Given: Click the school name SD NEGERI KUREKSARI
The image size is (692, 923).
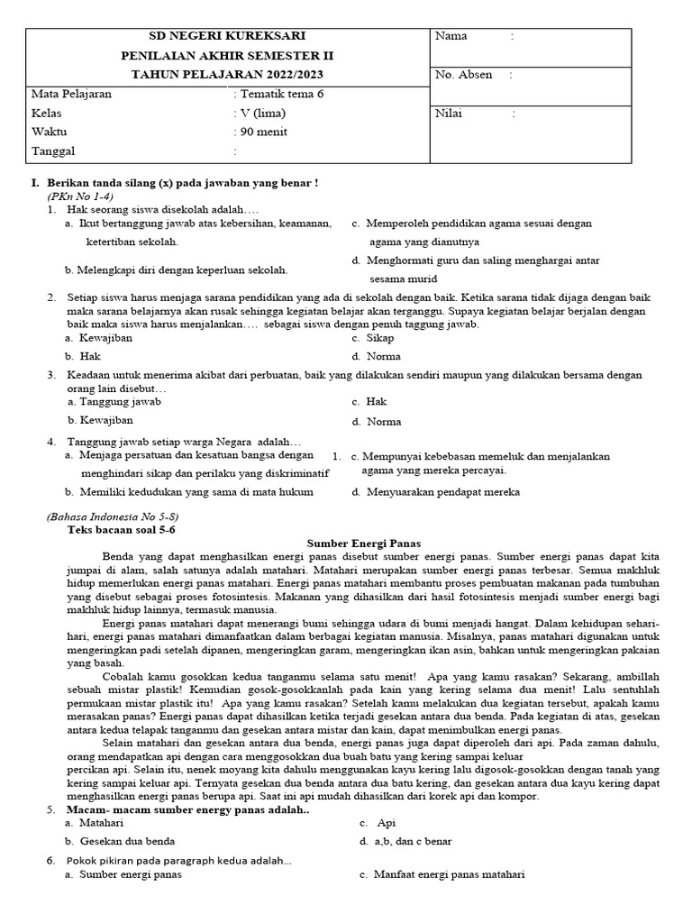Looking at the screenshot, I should [x=226, y=36].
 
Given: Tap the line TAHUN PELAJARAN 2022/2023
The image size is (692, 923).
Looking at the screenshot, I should [x=226, y=74].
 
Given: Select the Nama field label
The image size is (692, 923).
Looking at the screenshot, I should [x=451, y=36].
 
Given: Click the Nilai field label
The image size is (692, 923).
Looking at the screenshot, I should [x=450, y=114].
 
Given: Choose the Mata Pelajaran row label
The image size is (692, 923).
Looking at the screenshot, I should [x=72, y=94].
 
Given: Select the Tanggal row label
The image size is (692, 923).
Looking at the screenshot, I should [x=54, y=151].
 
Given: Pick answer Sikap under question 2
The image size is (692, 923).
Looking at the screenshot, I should [x=379, y=338].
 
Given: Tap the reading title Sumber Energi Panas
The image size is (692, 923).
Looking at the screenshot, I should [x=364, y=544].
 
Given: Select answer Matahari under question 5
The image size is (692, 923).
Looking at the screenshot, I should [x=101, y=823].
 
